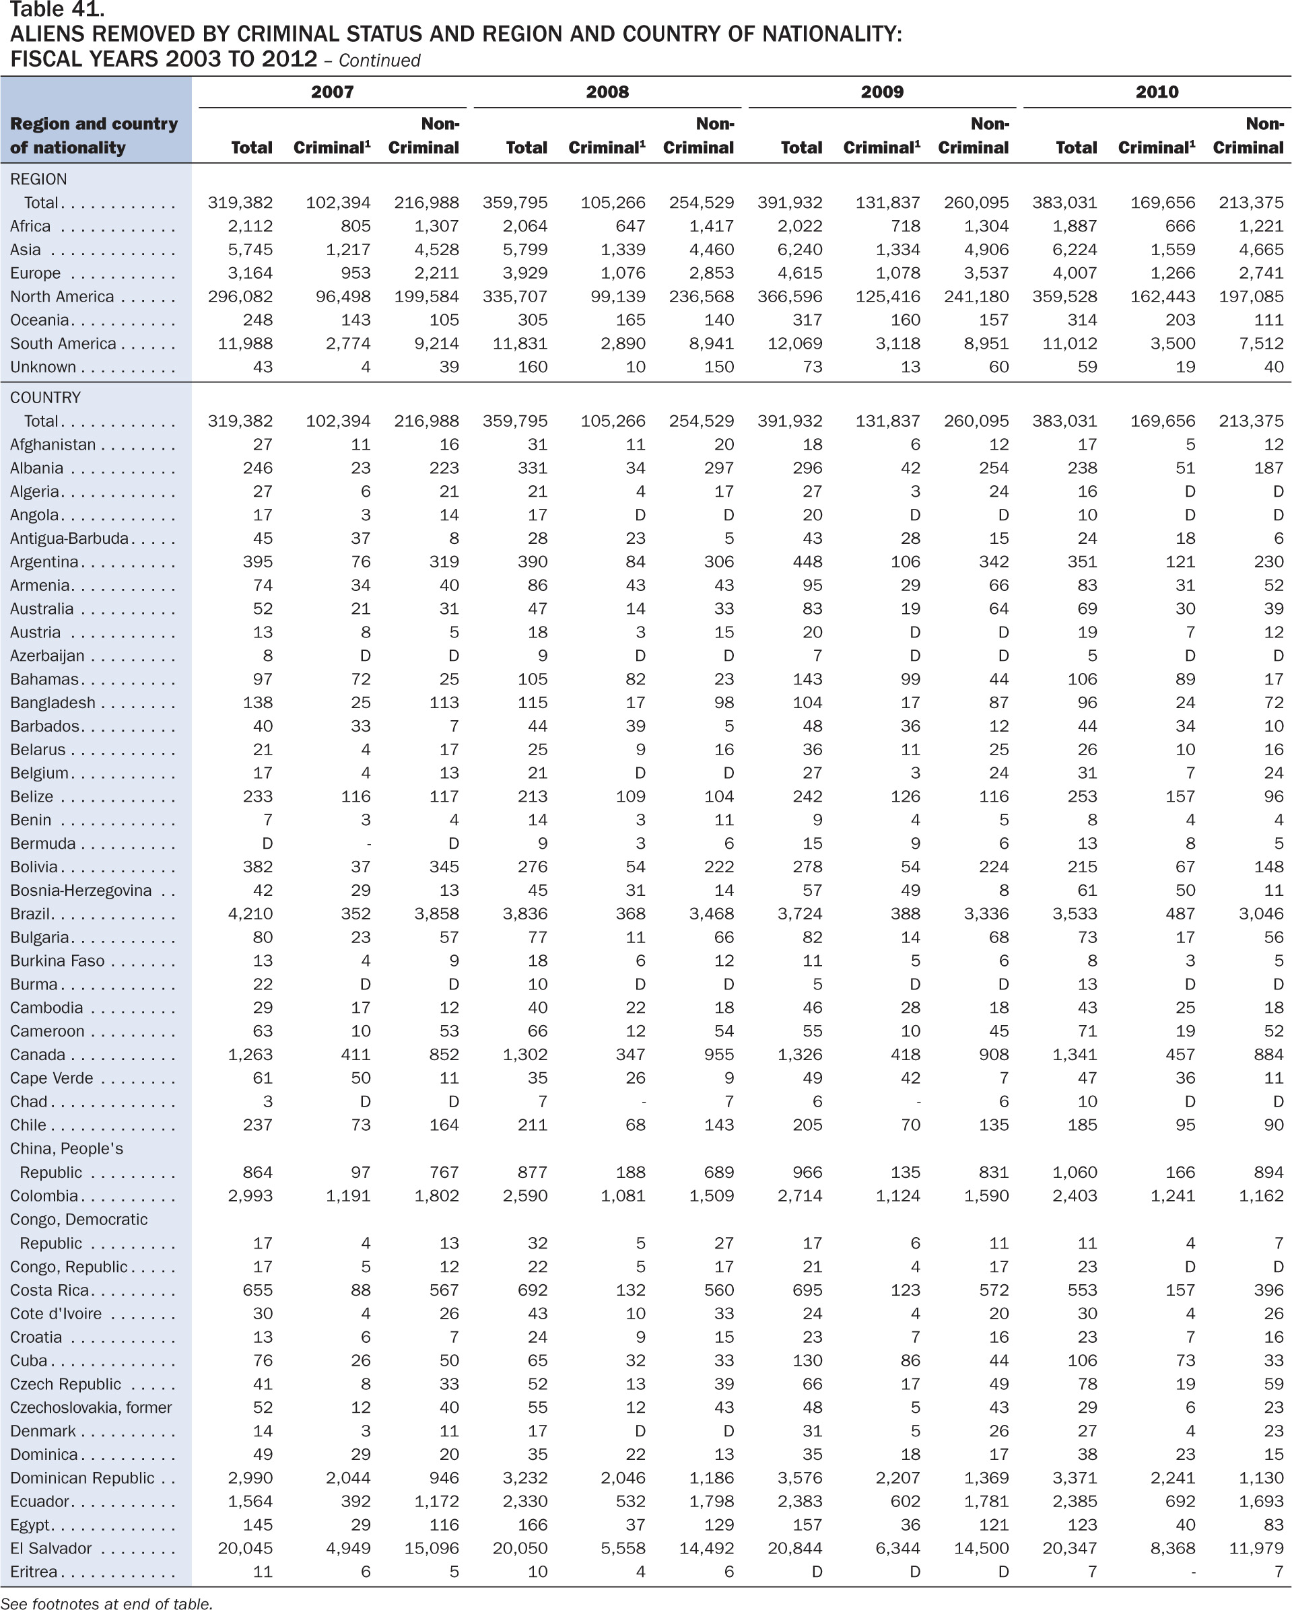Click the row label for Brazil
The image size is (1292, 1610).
click(x=30, y=913)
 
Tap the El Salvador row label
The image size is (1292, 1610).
click(x=50, y=1548)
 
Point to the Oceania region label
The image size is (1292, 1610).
click(x=40, y=320)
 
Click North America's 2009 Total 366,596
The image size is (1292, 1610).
click(x=789, y=296)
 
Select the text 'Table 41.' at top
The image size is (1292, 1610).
click(x=57, y=9)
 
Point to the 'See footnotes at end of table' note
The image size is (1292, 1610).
click(x=107, y=1602)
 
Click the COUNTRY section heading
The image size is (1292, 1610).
click(x=45, y=397)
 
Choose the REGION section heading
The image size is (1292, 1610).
click(x=38, y=179)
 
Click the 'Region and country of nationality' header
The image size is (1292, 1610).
click(x=94, y=135)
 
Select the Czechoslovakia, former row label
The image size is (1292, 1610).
click(x=90, y=1407)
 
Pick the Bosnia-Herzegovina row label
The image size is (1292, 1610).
click(x=81, y=890)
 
